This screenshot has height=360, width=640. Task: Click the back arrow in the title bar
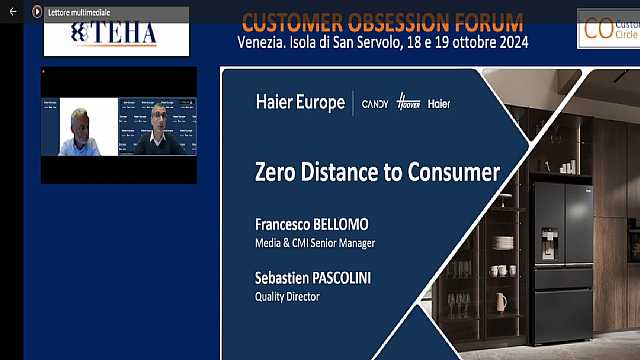point(13,11)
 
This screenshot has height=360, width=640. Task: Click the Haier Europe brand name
point(300,103)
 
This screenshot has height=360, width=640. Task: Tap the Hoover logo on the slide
point(408,103)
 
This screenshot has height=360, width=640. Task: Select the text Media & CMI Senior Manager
point(316,242)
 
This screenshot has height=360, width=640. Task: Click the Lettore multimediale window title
point(79,11)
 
